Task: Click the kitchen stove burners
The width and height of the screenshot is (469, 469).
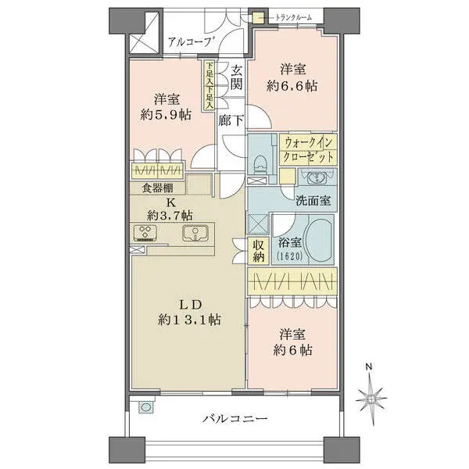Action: click(x=146, y=231)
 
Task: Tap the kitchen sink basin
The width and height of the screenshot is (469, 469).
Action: click(x=195, y=232)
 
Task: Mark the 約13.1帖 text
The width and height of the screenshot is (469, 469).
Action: click(x=187, y=319)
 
